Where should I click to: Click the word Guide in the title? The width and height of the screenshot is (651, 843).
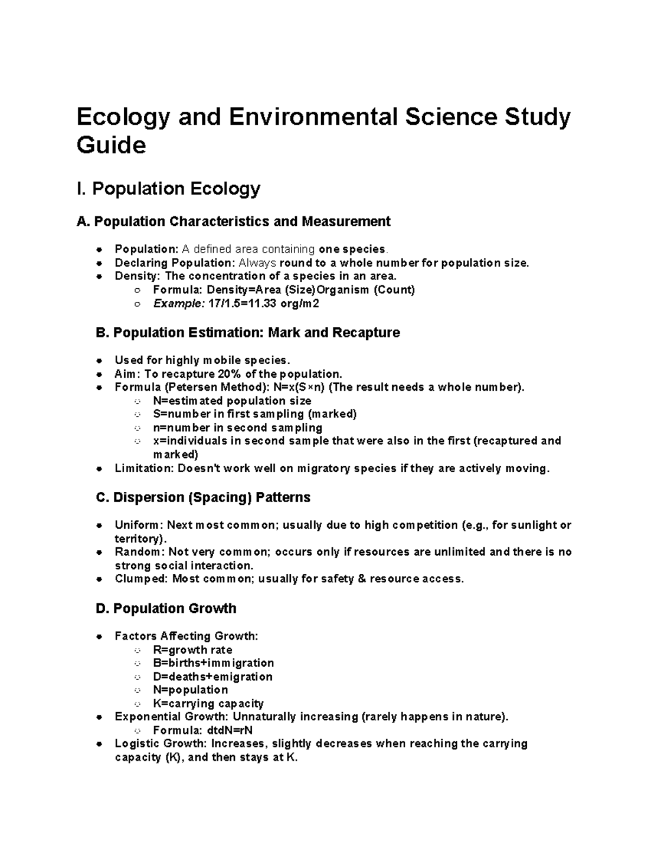pos(111,145)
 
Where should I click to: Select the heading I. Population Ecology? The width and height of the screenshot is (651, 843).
pos(169,189)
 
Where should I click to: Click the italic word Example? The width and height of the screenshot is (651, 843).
pos(178,303)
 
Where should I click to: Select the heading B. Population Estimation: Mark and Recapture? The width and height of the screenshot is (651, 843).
pos(247,333)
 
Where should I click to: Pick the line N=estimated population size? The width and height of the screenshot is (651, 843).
pos(232,401)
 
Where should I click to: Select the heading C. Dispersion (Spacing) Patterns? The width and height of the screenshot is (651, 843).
pos(203,498)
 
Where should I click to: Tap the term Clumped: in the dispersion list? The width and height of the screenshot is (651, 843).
pos(142,579)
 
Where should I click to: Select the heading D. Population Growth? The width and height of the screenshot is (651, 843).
pos(166,609)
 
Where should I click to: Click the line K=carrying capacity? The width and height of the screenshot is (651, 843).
pos(208,703)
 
